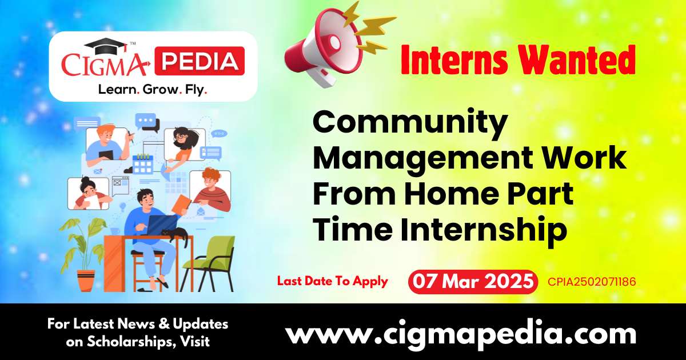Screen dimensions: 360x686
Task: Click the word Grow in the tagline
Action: (x=155, y=89)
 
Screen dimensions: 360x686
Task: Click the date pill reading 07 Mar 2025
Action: (x=473, y=282)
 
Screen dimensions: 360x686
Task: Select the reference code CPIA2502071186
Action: (x=592, y=282)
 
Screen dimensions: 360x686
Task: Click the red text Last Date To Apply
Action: (x=332, y=281)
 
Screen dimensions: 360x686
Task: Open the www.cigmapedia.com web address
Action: (x=461, y=333)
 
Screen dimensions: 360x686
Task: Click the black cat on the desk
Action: (x=175, y=234)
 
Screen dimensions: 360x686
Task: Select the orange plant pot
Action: (x=86, y=280)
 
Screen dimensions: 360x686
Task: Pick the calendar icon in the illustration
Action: (x=142, y=163)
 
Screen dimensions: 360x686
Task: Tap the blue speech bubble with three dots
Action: (x=146, y=121)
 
